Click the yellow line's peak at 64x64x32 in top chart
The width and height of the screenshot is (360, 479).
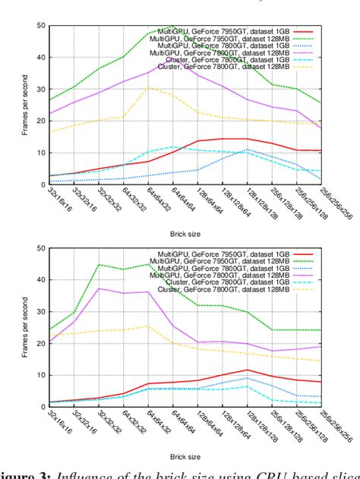(x=149, y=87)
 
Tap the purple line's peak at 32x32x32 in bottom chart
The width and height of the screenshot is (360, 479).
(x=99, y=288)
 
